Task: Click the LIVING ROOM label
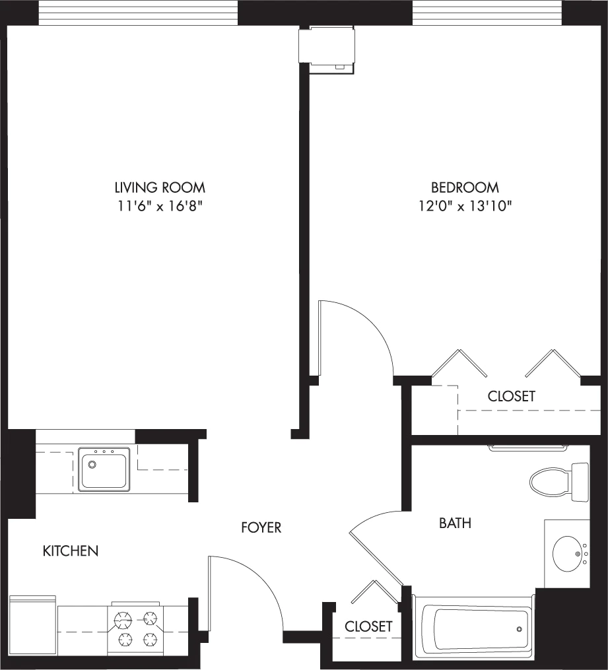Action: point(160,187)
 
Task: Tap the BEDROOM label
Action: point(465,187)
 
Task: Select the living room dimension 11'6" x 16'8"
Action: point(160,207)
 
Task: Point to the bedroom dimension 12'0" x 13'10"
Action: point(465,207)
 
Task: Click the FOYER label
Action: point(261,527)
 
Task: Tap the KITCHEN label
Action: point(71,551)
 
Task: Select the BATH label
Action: point(455,523)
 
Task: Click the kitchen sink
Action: point(104,470)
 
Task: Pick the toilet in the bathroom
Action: point(559,482)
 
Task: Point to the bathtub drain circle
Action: point(519,629)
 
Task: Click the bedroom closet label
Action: point(512,396)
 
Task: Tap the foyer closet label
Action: point(368,626)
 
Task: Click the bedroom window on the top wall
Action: point(487,13)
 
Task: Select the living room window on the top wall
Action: point(138,13)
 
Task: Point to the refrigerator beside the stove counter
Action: point(32,620)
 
